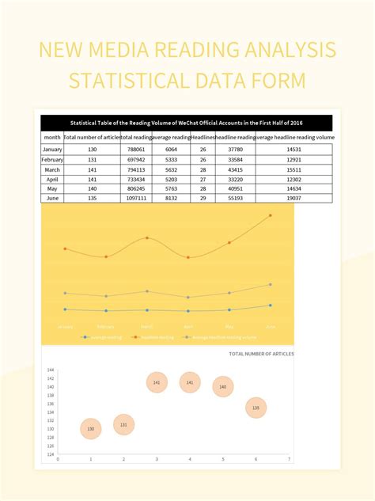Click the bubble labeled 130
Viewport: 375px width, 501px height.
(90, 428)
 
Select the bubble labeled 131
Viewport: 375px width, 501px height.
(123, 424)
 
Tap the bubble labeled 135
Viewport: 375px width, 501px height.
(256, 408)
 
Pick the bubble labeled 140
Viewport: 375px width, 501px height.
(222, 387)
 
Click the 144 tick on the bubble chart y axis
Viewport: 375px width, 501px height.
(51, 370)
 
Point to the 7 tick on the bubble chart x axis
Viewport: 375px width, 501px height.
(289, 459)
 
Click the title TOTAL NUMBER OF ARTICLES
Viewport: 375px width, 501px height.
(260, 354)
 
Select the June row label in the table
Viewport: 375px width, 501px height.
(52, 198)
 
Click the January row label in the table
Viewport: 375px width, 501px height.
(52, 150)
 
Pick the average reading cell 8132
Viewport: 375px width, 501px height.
(171, 198)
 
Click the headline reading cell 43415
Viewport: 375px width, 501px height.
(235, 169)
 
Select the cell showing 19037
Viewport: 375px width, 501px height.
(294, 198)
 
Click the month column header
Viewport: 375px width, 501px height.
(52, 137)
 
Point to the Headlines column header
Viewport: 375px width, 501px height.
(203, 137)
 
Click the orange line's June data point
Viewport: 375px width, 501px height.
(271, 215)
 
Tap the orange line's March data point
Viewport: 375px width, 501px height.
(147, 237)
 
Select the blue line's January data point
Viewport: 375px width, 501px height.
(65, 309)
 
